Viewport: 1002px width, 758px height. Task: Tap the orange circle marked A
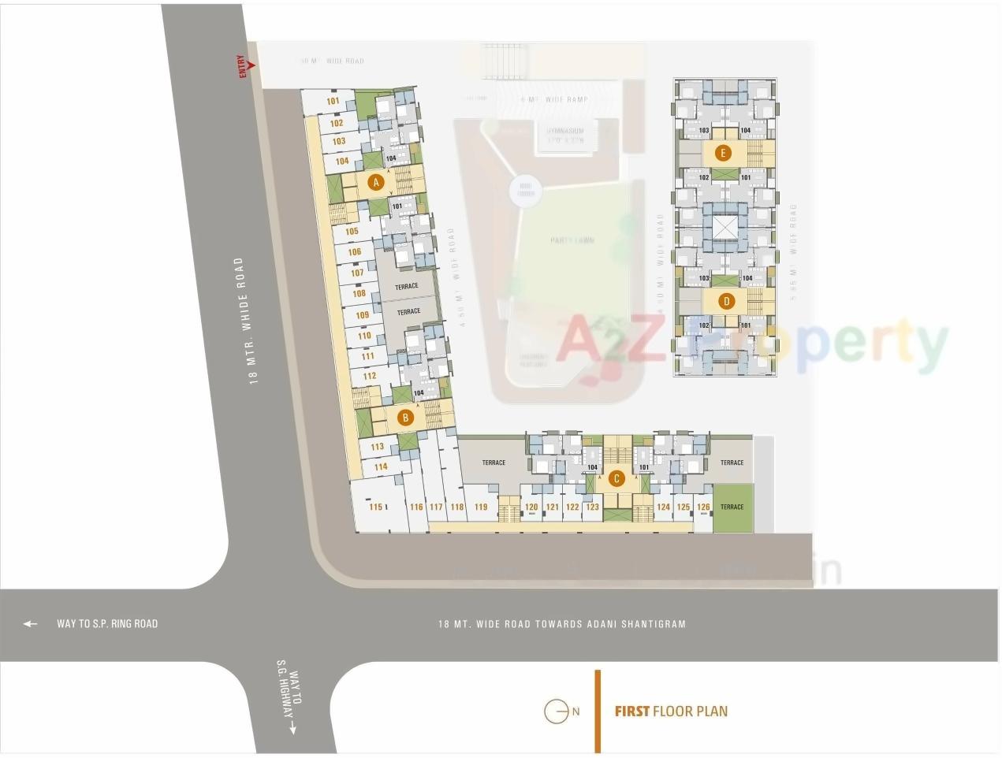click(376, 183)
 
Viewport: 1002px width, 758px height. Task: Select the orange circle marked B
click(405, 418)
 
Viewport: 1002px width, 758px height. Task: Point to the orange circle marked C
click(616, 478)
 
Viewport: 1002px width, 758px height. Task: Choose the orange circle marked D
click(726, 300)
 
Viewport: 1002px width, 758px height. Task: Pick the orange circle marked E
click(722, 153)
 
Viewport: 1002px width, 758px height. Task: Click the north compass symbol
click(557, 712)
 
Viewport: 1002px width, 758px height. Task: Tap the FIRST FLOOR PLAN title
click(671, 712)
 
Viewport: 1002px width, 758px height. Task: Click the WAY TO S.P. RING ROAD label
click(107, 624)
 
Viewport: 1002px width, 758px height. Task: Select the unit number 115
click(376, 507)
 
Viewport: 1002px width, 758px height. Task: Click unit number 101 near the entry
click(333, 101)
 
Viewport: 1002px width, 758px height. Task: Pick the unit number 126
click(703, 507)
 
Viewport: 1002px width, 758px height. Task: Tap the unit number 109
click(362, 315)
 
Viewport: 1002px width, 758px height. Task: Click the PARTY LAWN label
click(572, 240)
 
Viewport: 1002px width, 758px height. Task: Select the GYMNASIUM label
click(565, 131)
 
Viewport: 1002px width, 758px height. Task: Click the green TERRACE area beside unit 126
click(732, 507)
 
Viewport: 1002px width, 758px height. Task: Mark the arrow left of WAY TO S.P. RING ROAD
click(30, 624)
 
